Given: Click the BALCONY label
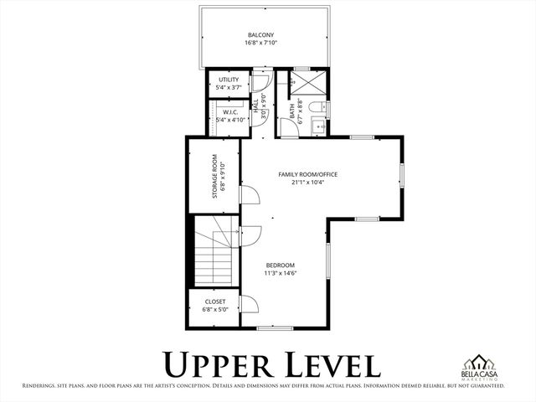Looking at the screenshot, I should click(261, 34).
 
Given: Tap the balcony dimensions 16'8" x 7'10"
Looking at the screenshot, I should click(261, 43).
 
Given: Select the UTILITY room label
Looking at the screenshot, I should click(228, 80).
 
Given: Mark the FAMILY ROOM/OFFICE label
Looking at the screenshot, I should click(308, 174).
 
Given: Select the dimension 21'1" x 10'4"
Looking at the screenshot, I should click(308, 182).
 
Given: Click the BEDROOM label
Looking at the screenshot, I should click(281, 265).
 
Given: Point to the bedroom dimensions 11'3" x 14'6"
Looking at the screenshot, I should click(281, 273).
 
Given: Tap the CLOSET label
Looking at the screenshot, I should click(214, 301).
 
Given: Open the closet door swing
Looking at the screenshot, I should click(249, 304).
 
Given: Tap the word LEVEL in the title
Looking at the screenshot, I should click(329, 365).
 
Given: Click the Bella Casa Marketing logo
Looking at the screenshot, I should click(482, 367).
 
